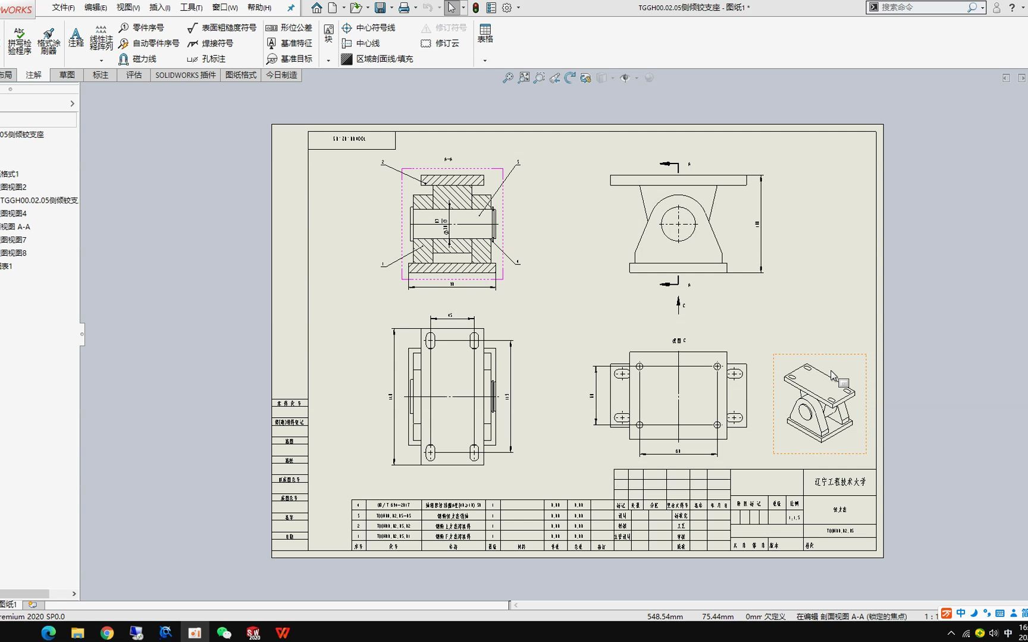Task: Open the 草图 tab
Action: tap(67, 75)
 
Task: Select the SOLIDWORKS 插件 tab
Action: tap(185, 75)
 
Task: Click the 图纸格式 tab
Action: tap(240, 75)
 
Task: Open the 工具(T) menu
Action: tap(191, 8)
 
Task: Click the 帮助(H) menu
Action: tap(259, 8)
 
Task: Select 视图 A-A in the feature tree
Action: tap(15, 226)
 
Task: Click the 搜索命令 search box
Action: tap(922, 7)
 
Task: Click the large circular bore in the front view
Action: tap(678, 224)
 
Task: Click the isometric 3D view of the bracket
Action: tap(819, 404)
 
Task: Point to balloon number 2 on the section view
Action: tap(383, 162)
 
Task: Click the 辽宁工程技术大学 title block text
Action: tap(840, 482)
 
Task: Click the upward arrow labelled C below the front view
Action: tap(678, 304)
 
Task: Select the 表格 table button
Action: tap(485, 33)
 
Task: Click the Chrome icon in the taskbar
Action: tap(107, 632)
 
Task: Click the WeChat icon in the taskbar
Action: tap(224, 632)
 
